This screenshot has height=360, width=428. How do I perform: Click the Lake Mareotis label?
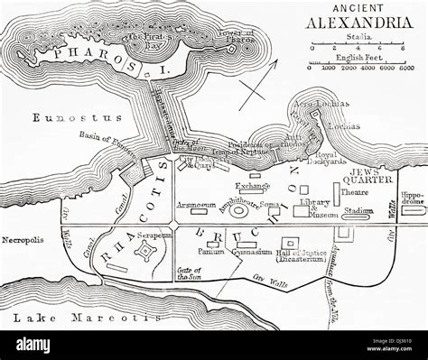[x=54, y=318]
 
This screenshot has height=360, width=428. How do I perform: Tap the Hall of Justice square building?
[x=292, y=243]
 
